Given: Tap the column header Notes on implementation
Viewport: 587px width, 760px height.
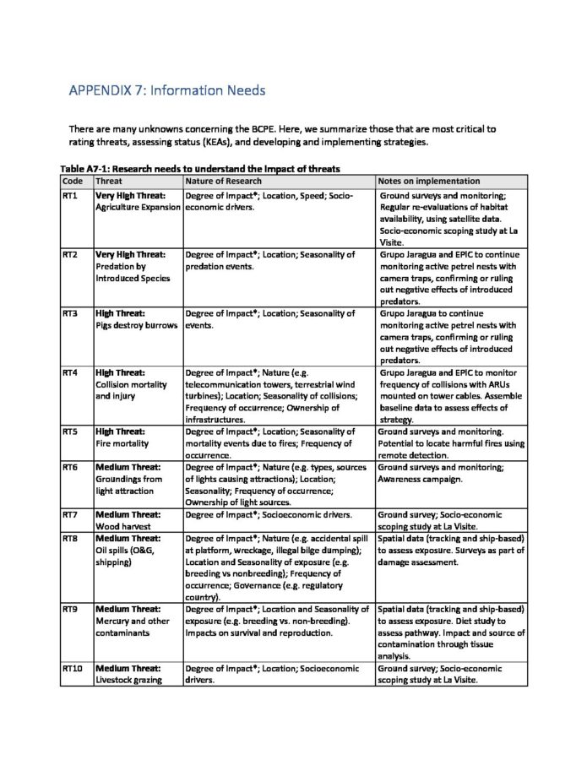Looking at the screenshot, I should tap(429, 181).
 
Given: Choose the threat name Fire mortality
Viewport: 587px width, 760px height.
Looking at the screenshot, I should tap(122, 442).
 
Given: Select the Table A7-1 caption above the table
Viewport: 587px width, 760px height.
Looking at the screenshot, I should tap(199, 169).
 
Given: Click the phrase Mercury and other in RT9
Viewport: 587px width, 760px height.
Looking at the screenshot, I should tap(129, 621).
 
